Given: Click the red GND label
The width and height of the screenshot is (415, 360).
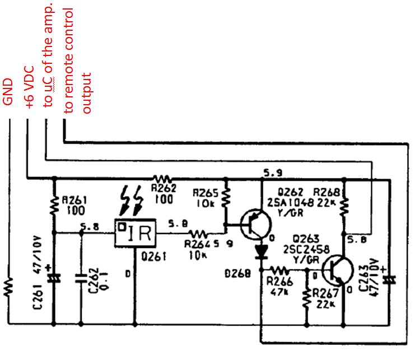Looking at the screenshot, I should (x=8, y=92).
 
